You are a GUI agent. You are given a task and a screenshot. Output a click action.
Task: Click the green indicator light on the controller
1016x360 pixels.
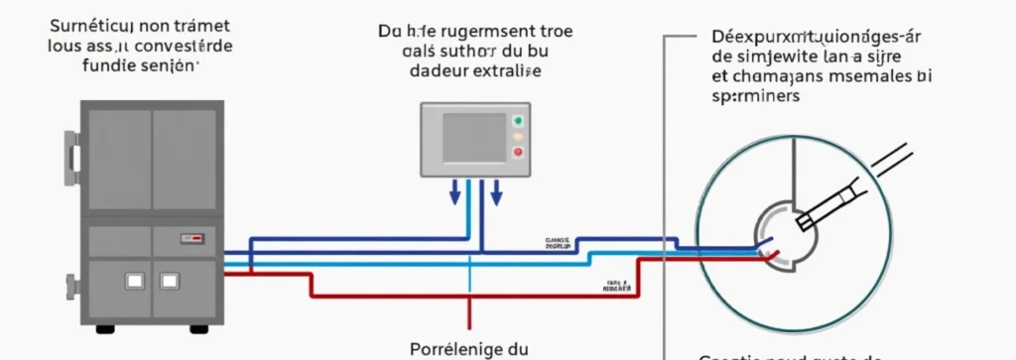(516, 120)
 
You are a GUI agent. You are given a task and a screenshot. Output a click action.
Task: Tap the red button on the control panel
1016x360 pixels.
(516, 152)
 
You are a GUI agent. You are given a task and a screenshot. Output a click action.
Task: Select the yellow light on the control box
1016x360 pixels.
(516, 136)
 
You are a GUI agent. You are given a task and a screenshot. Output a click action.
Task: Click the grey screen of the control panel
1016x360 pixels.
(472, 137)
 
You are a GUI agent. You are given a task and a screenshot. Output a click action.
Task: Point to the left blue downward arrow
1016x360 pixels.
(455, 191)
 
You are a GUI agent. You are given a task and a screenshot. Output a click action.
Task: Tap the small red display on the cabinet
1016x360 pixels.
(190, 239)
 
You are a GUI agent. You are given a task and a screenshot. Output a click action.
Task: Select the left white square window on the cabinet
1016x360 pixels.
(133, 282)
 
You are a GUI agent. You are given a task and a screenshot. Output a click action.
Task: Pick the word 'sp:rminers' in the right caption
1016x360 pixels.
(757, 97)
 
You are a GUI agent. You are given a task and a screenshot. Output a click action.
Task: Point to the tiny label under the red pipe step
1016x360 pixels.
(618, 288)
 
